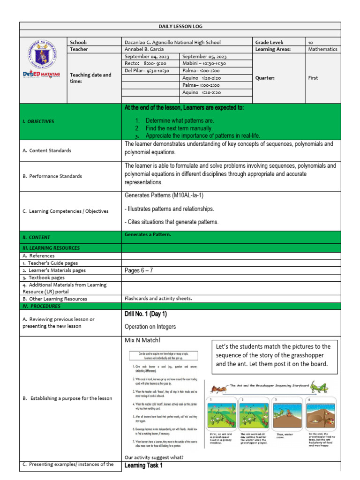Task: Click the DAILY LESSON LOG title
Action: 180,27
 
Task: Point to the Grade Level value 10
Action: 311,42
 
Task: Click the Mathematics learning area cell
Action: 322,49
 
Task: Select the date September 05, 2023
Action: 204,56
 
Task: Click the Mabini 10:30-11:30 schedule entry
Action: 204,63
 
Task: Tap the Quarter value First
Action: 313,78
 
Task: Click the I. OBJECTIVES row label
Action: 38,121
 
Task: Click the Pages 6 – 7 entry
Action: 139,270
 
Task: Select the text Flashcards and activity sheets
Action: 158,299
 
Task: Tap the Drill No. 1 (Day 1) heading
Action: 146,314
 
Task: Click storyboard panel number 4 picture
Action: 322,414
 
